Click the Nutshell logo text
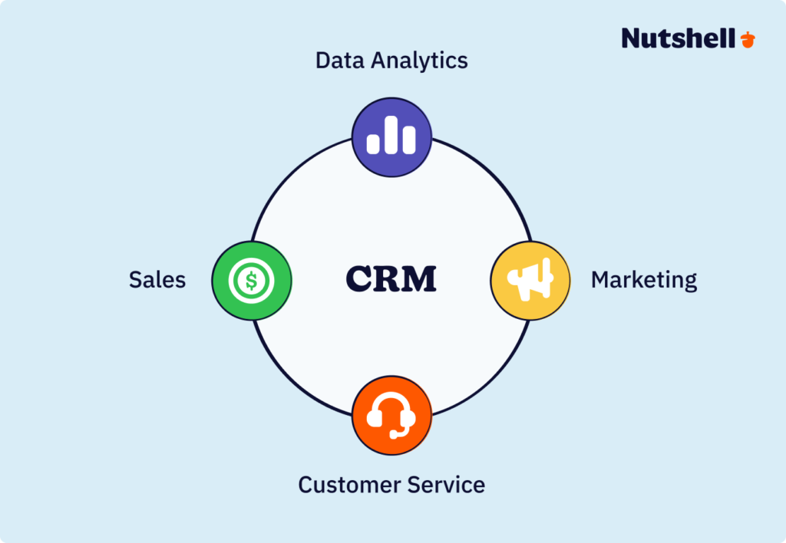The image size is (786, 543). [x=679, y=38]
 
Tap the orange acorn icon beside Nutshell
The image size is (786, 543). [x=748, y=39]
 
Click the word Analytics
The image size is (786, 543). [x=419, y=61]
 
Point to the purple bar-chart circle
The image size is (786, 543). [x=391, y=137]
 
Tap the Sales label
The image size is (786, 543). [x=157, y=280]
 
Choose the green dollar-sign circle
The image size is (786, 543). [x=251, y=280]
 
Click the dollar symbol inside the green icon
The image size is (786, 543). [x=251, y=281]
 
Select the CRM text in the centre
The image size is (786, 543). [x=391, y=278]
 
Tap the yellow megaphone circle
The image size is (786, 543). [x=530, y=280]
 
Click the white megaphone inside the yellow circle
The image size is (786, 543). [x=531, y=278]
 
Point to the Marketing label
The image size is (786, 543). [x=643, y=280]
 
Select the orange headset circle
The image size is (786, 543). [x=391, y=415]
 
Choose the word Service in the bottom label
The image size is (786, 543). [x=448, y=485]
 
